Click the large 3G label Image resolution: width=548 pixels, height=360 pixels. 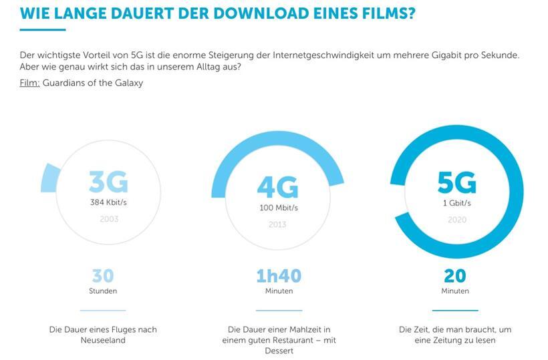click(108, 182)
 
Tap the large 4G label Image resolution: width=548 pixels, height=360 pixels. click(277, 187)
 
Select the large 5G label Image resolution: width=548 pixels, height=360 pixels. click(456, 182)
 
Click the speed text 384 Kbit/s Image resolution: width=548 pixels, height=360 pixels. click(108, 202)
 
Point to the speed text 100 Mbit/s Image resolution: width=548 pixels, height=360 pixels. click(278, 208)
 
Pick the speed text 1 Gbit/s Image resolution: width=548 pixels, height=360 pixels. click(456, 202)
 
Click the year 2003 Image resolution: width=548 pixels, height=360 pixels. click(108, 219)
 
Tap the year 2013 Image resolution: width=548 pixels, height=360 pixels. click(278, 224)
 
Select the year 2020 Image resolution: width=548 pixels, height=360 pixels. click(456, 219)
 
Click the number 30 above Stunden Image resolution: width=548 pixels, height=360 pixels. click(103, 276)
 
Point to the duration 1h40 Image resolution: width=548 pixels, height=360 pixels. click(278, 276)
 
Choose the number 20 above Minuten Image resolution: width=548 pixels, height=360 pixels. click(454, 276)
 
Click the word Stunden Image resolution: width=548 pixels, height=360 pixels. click(103, 291)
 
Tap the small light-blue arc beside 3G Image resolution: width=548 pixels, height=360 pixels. click(50, 178)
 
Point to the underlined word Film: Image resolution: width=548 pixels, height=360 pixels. click(29, 83)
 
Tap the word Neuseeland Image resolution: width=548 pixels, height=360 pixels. click(103, 340)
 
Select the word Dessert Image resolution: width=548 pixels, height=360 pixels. click(279, 351)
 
